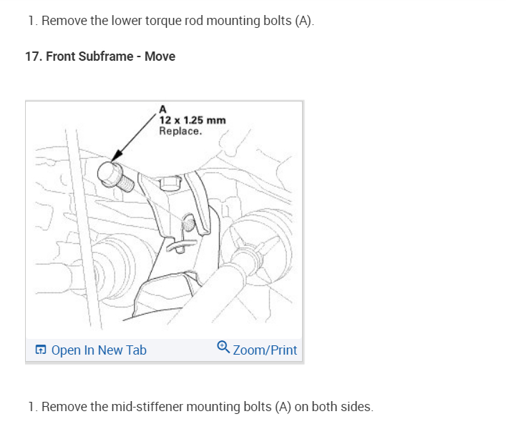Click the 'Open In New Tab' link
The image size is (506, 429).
click(x=98, y=350)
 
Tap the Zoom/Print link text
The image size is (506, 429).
click(x=264, y=350)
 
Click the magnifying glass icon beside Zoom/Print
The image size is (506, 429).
click(x=223, y=348)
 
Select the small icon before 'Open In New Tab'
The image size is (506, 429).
click(x=41, y=350)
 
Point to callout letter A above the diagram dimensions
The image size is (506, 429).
click(x=162, y=109)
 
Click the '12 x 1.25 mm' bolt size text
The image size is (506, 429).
click(x=192, y=120)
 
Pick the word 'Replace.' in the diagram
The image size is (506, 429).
click(x=180, y=131)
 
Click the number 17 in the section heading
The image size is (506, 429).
click(x=32, y=56)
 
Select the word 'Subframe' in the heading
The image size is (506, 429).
click(x=107, y=56)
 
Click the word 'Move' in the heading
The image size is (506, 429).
click(x=160, y=56)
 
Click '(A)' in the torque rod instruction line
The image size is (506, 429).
click(x=303, y=20)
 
